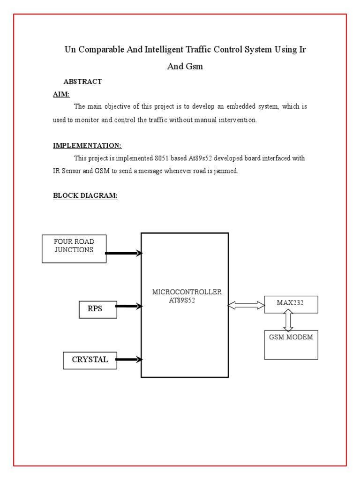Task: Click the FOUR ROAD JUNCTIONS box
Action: point(74,249)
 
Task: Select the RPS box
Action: point(98,309)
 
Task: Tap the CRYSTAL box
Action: point(90,360)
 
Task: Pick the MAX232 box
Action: point(291,304)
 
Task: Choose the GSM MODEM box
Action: point(291,345)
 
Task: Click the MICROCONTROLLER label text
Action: point(187,292)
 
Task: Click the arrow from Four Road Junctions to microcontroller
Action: point(124,254)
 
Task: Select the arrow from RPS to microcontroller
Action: point(128,307)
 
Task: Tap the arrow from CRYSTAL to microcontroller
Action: point(128,360)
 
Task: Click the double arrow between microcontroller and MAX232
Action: point(246,306)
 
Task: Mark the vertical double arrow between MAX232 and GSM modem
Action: point(288,322)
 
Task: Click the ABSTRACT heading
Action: point(82,82)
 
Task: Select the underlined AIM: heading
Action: point(61,95)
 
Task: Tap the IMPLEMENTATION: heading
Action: point(87,146)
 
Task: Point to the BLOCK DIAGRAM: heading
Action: point(85,196)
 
